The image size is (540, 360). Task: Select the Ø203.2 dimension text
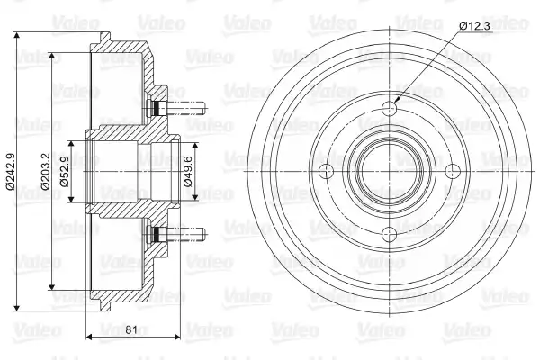tap(46, 172)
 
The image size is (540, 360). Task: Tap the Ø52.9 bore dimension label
tap(65, 172)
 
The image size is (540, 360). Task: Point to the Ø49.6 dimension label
tap(188, 172)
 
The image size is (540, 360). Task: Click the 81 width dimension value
tap(131, 329)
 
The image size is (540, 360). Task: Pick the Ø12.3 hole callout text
tap(474, 26)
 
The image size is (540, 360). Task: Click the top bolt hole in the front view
tap(390, 109)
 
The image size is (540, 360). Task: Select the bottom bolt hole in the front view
tap(390, 234)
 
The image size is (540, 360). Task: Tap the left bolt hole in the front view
tap(327, 172)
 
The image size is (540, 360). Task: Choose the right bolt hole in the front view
tap(453, 172)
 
